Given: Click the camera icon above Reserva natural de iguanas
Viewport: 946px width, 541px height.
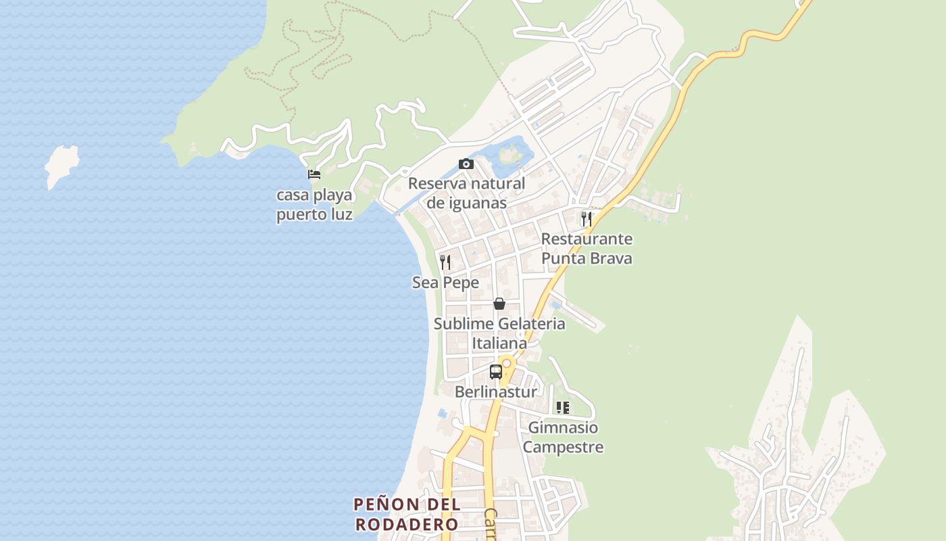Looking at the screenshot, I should pyautogui.click(x=466, y=164).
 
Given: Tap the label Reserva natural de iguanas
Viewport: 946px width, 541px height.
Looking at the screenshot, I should pyautogui.click(x=466, y=193).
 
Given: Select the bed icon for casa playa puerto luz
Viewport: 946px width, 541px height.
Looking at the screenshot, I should pyautogui.click(x=314, y=174).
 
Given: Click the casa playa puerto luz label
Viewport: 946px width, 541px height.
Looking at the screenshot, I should pyautogui.click(x=314, y=205).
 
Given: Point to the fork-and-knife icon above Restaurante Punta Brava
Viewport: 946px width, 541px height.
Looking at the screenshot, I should pyautogui.click(x=587, y=218).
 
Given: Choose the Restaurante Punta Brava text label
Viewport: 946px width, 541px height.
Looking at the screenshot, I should pyautogui.click(x=587, y=248).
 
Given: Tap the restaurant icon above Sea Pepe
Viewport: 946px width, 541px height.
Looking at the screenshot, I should pyautogui.click(x=445, y=262).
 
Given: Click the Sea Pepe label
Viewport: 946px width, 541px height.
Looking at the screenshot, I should pyautogui.click(x=445, y=283).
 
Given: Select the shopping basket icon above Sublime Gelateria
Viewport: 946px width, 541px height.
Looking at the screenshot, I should pyautogui.click(x=499, y=304).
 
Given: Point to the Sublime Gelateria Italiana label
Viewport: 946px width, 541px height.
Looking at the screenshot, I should pyautogui.click(x=499, y=333).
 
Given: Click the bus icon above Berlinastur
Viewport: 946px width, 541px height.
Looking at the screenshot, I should pyautogui.click(x=496, y=371).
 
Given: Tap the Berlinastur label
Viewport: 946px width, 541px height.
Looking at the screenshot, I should pyautogui.click(x=496, y=392).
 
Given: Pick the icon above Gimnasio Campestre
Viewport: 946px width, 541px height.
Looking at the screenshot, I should pyautogui.click(x=562, y=407).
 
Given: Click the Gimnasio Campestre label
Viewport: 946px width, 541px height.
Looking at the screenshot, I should pyautogui.click(x=563, y=437).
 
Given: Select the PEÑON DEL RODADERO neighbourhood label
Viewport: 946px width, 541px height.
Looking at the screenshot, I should pyautogui.click(x=407, y=514).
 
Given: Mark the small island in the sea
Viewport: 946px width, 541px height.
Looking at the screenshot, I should pyautogui.click(x=61, y=164).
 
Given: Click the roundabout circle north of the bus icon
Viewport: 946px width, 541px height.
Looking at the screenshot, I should pyautogui.click(x=506, y=363).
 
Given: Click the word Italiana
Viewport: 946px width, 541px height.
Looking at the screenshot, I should pyautogui.click(x=499, y=344).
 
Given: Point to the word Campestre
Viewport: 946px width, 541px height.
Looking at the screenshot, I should pyautogui.click(x=563, y=447).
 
